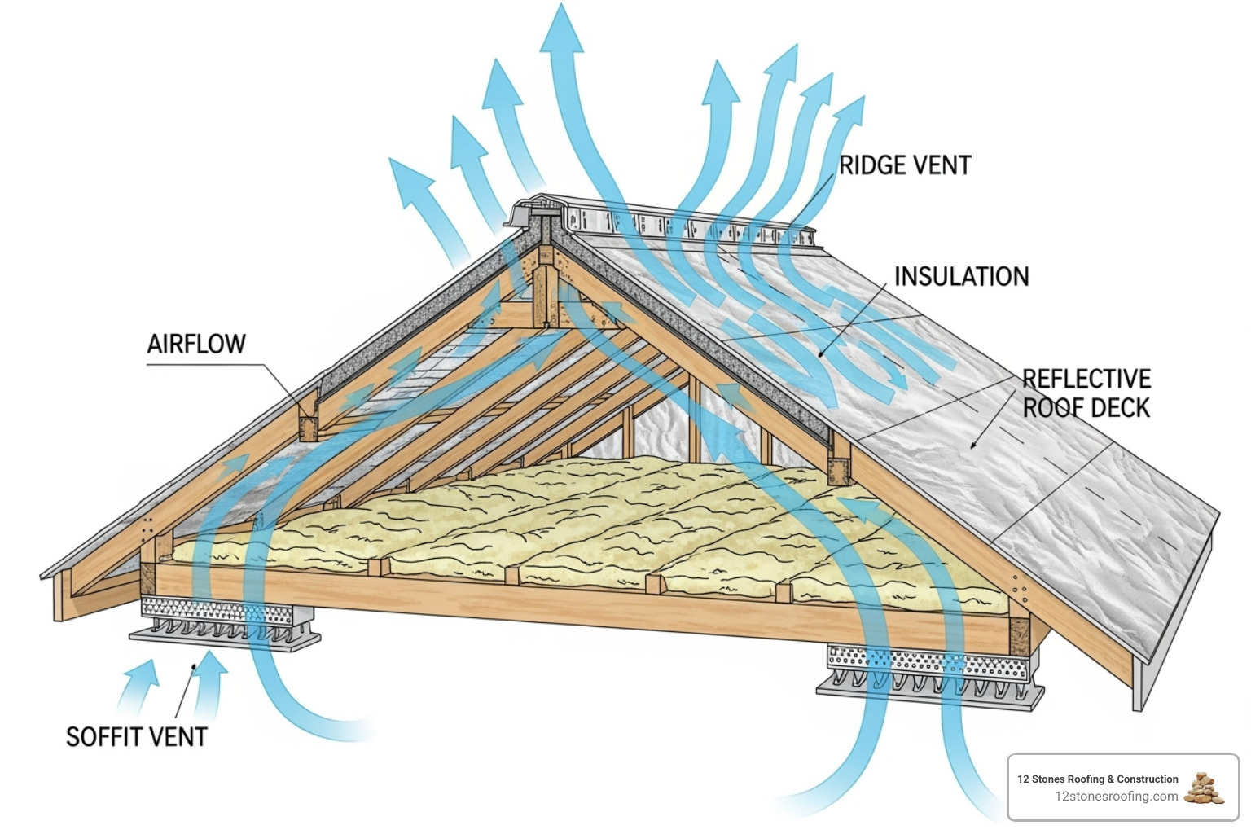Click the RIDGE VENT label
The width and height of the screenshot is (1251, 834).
[x=904, y=165]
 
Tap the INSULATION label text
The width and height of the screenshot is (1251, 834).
[x=961, y=277]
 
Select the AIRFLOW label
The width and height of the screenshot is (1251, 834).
[x=196, y=344]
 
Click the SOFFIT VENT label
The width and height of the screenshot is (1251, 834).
[x=136, y=737]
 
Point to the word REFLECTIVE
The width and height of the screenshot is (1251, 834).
[x=1086, y=379]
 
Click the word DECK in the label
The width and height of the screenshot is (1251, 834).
[x=1121, y=408]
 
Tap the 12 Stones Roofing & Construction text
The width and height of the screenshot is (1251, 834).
[x=1097, y=779]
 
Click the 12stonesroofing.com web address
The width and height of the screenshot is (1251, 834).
[x=1116, y=797]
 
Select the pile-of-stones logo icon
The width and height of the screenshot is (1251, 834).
[x=1205, y=788]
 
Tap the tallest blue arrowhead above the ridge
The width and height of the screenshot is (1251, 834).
[x=561, y=29]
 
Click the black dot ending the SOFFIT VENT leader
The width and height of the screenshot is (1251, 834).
[x=193, y=666]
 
